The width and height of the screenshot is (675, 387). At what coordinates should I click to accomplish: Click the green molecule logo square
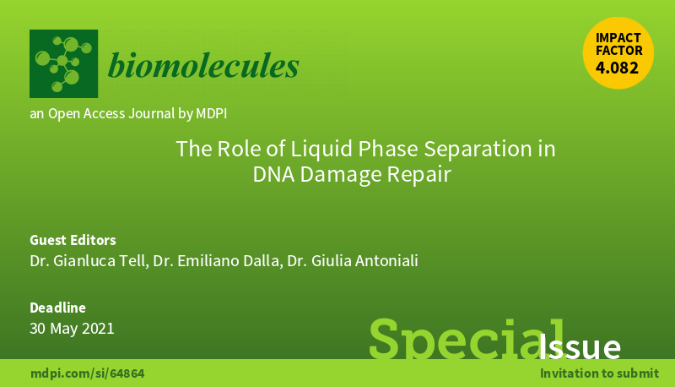pos(63,64)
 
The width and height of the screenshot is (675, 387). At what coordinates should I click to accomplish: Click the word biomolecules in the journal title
pos(202,65)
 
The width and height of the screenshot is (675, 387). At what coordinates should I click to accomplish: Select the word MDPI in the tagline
pos(211,112)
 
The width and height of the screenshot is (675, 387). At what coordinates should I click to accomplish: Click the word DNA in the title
pos(272,175)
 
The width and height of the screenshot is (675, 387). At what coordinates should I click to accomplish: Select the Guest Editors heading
pos(73,239)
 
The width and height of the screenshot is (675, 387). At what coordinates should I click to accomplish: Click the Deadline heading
pos(57,308)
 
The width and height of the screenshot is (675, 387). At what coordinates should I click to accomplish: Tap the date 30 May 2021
pos(72,329)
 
